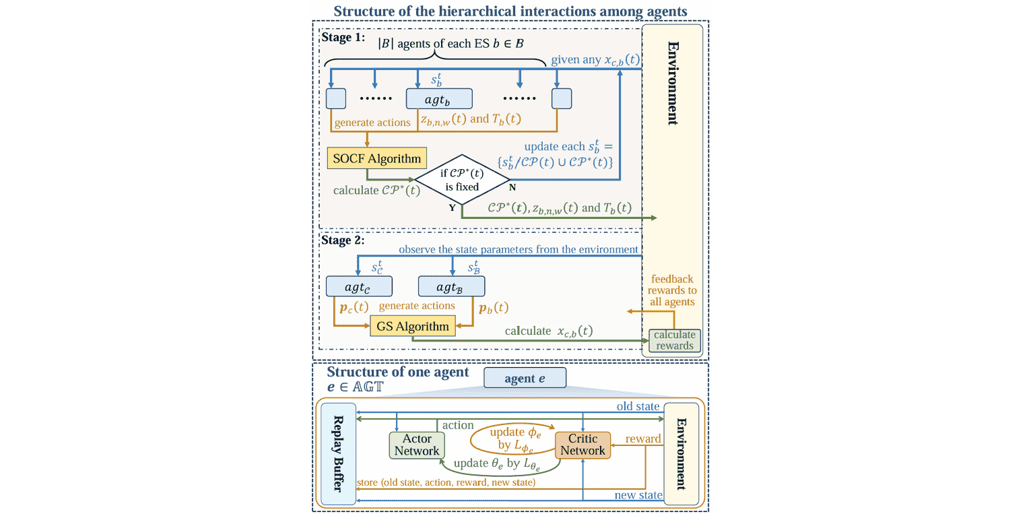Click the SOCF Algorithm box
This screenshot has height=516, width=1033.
pos(376,160)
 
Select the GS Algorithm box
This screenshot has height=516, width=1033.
pos(413,327)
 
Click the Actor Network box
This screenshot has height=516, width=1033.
pos(417,445)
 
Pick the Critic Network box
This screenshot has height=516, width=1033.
pos(582,445)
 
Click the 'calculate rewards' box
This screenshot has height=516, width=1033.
pos(675,340)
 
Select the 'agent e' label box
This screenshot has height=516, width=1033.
pos(525,379)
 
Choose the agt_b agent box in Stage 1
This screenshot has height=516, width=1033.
pos(438,99)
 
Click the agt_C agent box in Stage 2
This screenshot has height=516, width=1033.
pos(358,286)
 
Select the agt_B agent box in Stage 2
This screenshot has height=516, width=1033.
pos(451,286)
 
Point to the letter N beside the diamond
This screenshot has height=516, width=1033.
pos(512,187)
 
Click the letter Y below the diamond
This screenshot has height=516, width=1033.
pos(453,207)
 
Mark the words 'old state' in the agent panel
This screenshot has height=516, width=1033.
pos(638,406)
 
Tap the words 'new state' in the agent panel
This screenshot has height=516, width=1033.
pos(638,496)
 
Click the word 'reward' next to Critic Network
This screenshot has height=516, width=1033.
pos(643,439)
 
